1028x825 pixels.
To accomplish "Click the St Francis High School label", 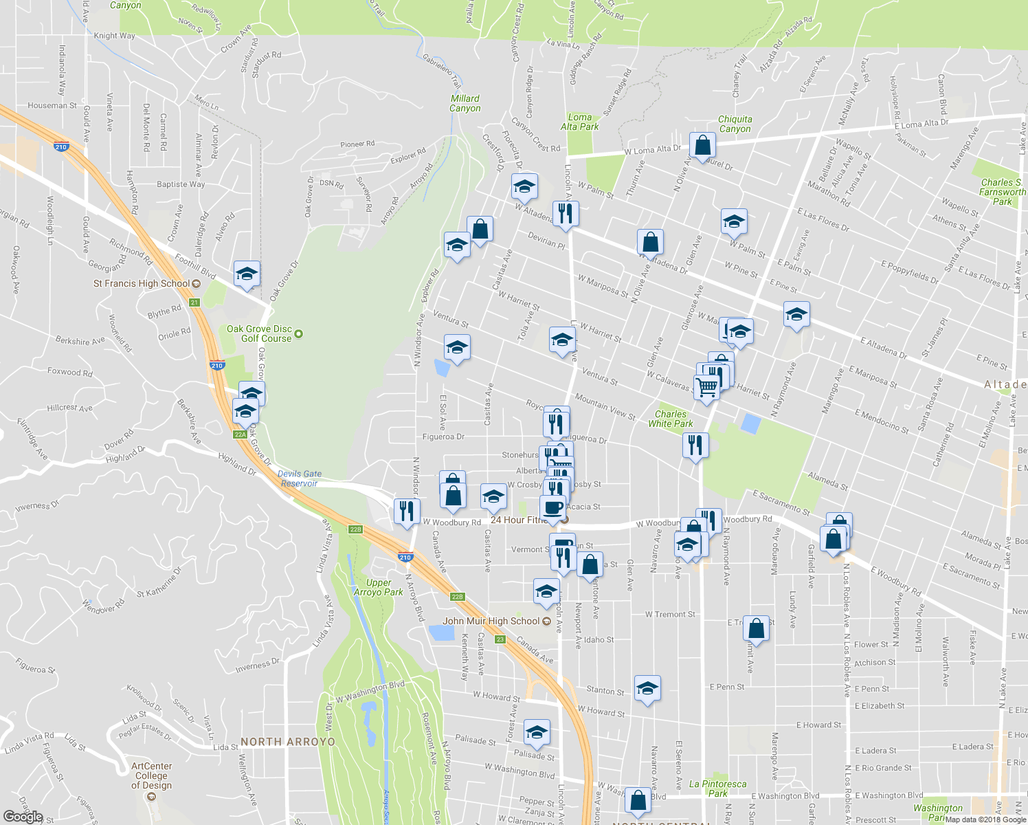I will pyautogui.click(x=142, y=283).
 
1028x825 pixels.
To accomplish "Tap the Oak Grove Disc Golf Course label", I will pyautogui.click(x=260, y=333).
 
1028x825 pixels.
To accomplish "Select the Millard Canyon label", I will pyautogui.click(x=465, y=103).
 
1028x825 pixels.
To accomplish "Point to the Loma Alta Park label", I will pyautogui.click(x=579, y=122).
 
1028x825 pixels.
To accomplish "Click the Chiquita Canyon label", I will pyautogui.click(x=735, y=124).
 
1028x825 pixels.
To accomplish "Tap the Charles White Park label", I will pyautogui.click(x=670, y=419).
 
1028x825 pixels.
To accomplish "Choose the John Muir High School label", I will pyautogui.click(x=491, y=621).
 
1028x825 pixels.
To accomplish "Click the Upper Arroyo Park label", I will pyautogui.click(x=378, y=587).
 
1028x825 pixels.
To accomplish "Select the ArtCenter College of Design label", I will pyautogui.click(x=151, y=775).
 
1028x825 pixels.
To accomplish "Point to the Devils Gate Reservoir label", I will pyautogui.click(x=300, y=478).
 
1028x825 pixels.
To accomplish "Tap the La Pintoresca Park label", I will pyautogui.click(x=717, y=788).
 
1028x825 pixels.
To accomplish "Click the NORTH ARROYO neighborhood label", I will pyautogui.click(x=288, y=742).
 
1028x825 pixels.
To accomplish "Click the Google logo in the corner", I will pyautogui.click(x=23, y=817).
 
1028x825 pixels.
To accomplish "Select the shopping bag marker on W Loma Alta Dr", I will pyautogui.click(x=702, y=145).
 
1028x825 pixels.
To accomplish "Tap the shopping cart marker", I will pyautogui.click(x=706, y=388).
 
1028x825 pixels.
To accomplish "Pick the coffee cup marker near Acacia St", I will pyautogui.click(x=552, y=508).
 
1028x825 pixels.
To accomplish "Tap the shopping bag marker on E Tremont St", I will pyautogui.click(x=756, y=628).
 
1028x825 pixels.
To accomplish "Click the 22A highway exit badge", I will pyautogui.click(x=240, y=434).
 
